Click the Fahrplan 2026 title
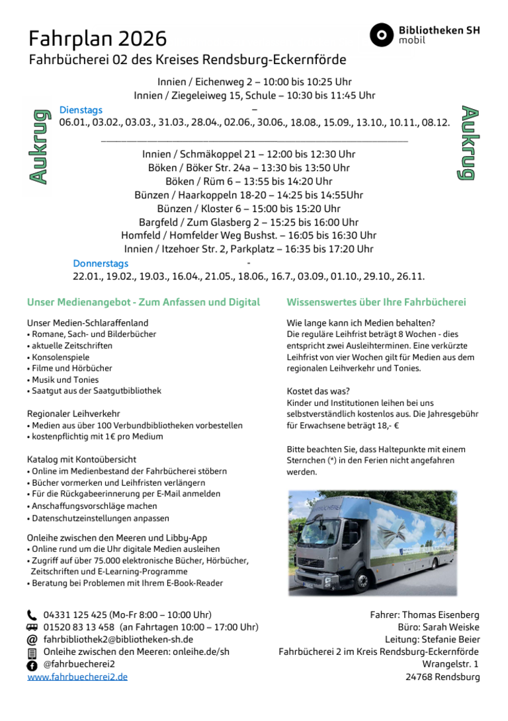pyautogui.click(x=97, y=38)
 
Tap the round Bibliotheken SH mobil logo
pyautogui.click(x=381, y=35)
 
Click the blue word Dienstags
pyautogui.click(x=81, y=110)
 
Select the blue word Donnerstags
pyautogui.click(x=101, y=264)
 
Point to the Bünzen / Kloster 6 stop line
pyautogui.click(x=249, y=209)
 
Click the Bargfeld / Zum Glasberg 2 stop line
pyautogui.click(x=249, y=222)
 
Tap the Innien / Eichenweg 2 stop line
pyautogui.click(x=254, y=82)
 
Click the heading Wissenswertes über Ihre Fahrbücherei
pyautogui.click(x=376, y=302)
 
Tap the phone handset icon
pyautogui.click(x=32, y=615)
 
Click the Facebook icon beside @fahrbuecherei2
pyautogui.click(x=32, y=665)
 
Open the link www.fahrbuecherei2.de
pyautogui.click(x=77, y=677)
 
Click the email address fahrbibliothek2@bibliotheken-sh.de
pyautogui.click(x=118, y=640)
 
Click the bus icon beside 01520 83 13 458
pyautogui.click(x=32, y=627)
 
